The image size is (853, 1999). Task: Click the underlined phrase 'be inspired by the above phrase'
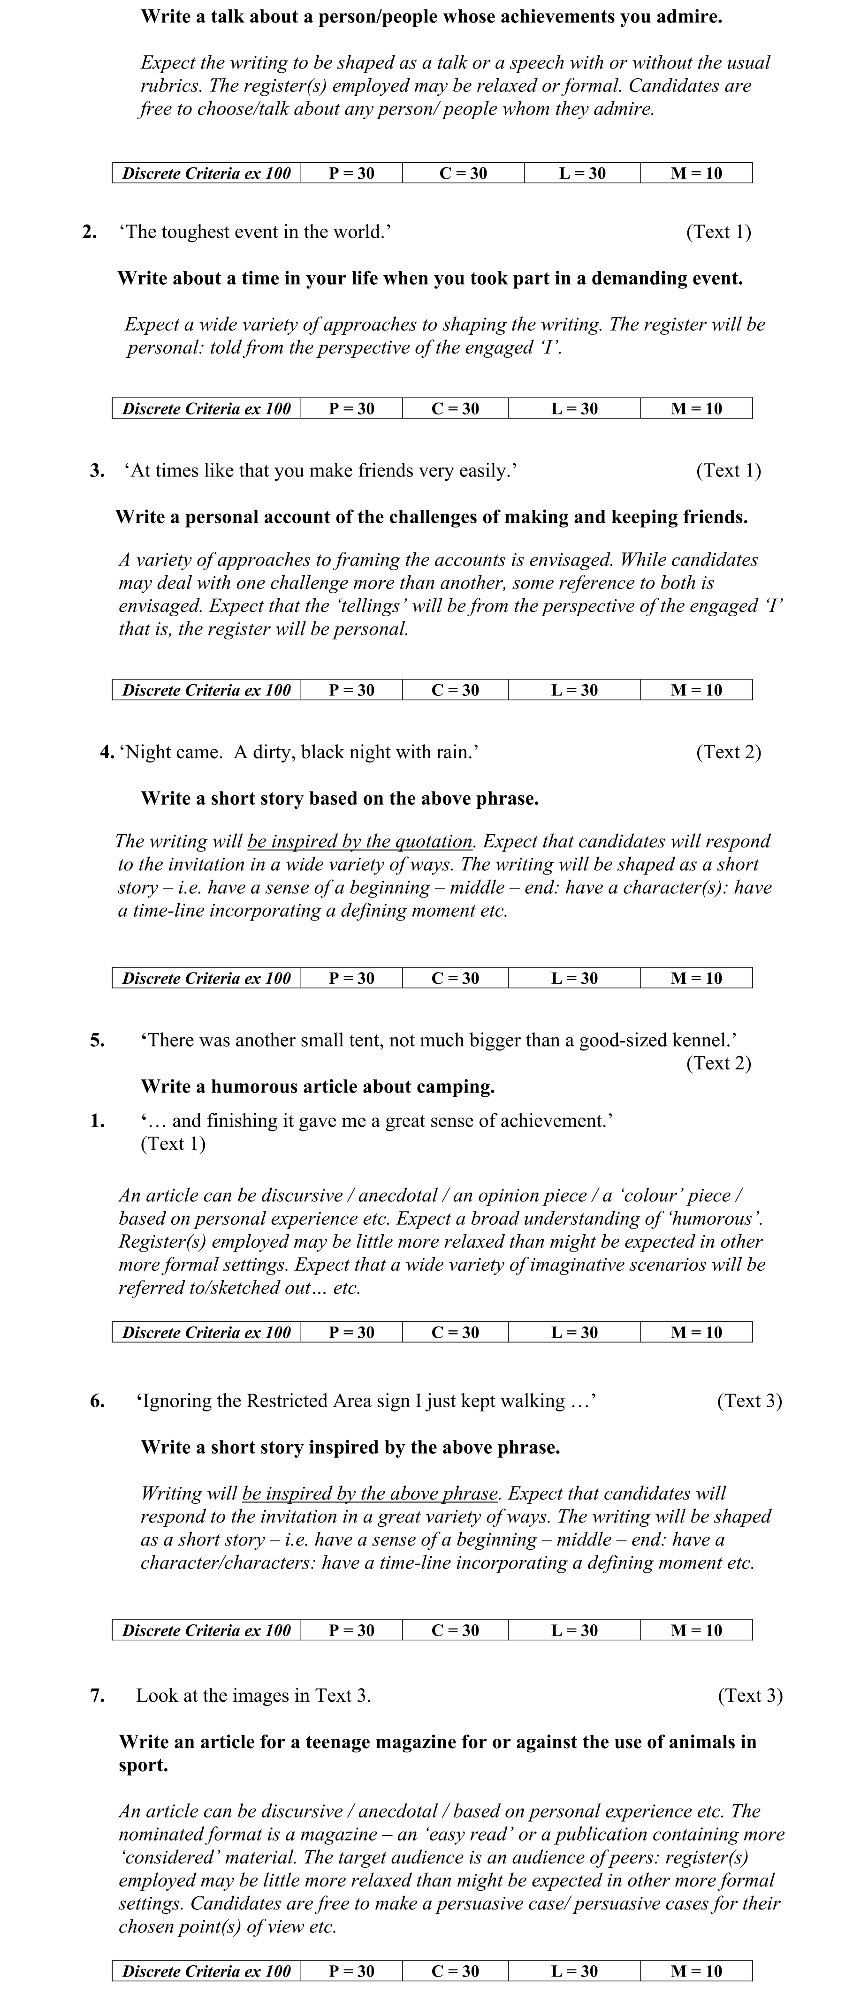coord(372,1494)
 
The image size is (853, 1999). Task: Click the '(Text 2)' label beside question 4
coord(728,752)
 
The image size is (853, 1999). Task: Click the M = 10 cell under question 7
coord(696,1971)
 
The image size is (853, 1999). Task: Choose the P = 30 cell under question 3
coord(351,690)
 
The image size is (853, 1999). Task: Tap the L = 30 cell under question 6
coord(574,1630)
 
